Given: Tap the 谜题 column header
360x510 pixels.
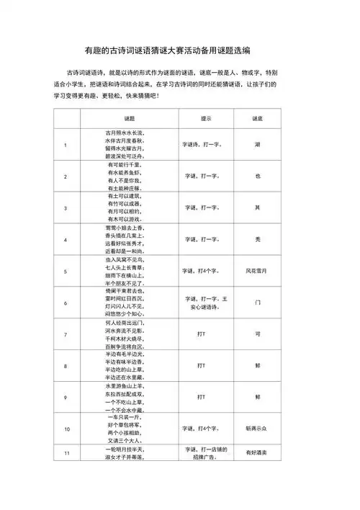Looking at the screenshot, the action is click(x=130, y=117).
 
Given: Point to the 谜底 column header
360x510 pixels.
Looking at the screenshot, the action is click(x=256, y=117).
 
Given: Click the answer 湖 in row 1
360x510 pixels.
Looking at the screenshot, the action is click(x=256, y=145).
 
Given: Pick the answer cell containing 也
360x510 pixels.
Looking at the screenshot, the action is click(x=256, y=176).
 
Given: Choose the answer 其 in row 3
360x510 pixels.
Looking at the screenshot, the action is click(x=256, y=207).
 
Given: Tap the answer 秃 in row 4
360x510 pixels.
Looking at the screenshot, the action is click(x=256, y=239).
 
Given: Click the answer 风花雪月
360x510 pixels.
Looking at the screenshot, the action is click(x=256, y=271).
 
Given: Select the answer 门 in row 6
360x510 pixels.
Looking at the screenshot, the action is click(x=256, y=303).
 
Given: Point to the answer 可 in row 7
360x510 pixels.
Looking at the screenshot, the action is click(x=256, y=334).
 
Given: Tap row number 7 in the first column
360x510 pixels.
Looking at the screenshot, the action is click(x=66, y=334).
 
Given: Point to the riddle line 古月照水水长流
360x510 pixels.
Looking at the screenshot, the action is click(x=130, y=133).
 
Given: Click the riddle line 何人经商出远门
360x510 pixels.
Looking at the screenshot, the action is click(x=130, y=323).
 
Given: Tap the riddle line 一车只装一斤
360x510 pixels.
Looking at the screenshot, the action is click(x=130, y=417).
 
